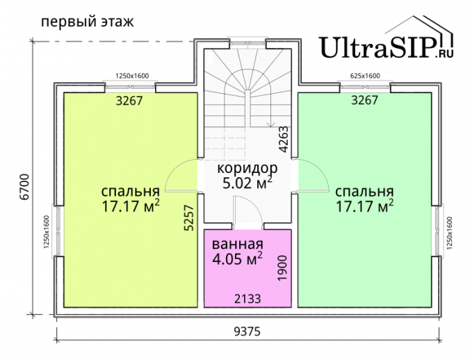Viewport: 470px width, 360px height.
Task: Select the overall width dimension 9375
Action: pyautogui.click(x=248, y=332)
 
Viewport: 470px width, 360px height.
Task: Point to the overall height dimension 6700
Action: pyautogui.click(x=24, y=186)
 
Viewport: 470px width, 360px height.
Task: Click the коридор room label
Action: pyautogui.click(x=248, y=169)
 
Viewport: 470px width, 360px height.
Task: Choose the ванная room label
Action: pyautogui.click(x=237, y=244)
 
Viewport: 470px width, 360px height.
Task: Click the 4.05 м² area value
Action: pyautogui.click(x=237, y=259)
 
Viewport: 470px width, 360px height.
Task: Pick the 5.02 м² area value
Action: pyautogui.click(x=248, y=183)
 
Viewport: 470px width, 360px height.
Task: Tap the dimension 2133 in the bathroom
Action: pyautogui.click(x=248, y=299)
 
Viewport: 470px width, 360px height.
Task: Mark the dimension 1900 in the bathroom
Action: pyautogui.click(x=282, y=268)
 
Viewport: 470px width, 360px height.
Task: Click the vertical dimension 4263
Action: pyautogui.click(x=283, y=139)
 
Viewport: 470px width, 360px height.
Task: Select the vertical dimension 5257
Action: pyautogui.click(x=189, y=218)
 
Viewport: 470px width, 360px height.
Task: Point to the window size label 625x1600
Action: pyautogui.click(x=365, y=76)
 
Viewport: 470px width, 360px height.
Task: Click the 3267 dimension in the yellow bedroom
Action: pyautogui.click(x=129, y=101)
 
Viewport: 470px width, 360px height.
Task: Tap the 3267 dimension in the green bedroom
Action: pyautogui.click(x=365, y=100)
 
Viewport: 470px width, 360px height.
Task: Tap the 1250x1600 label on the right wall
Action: pyautogui.click(x=449, y=233)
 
